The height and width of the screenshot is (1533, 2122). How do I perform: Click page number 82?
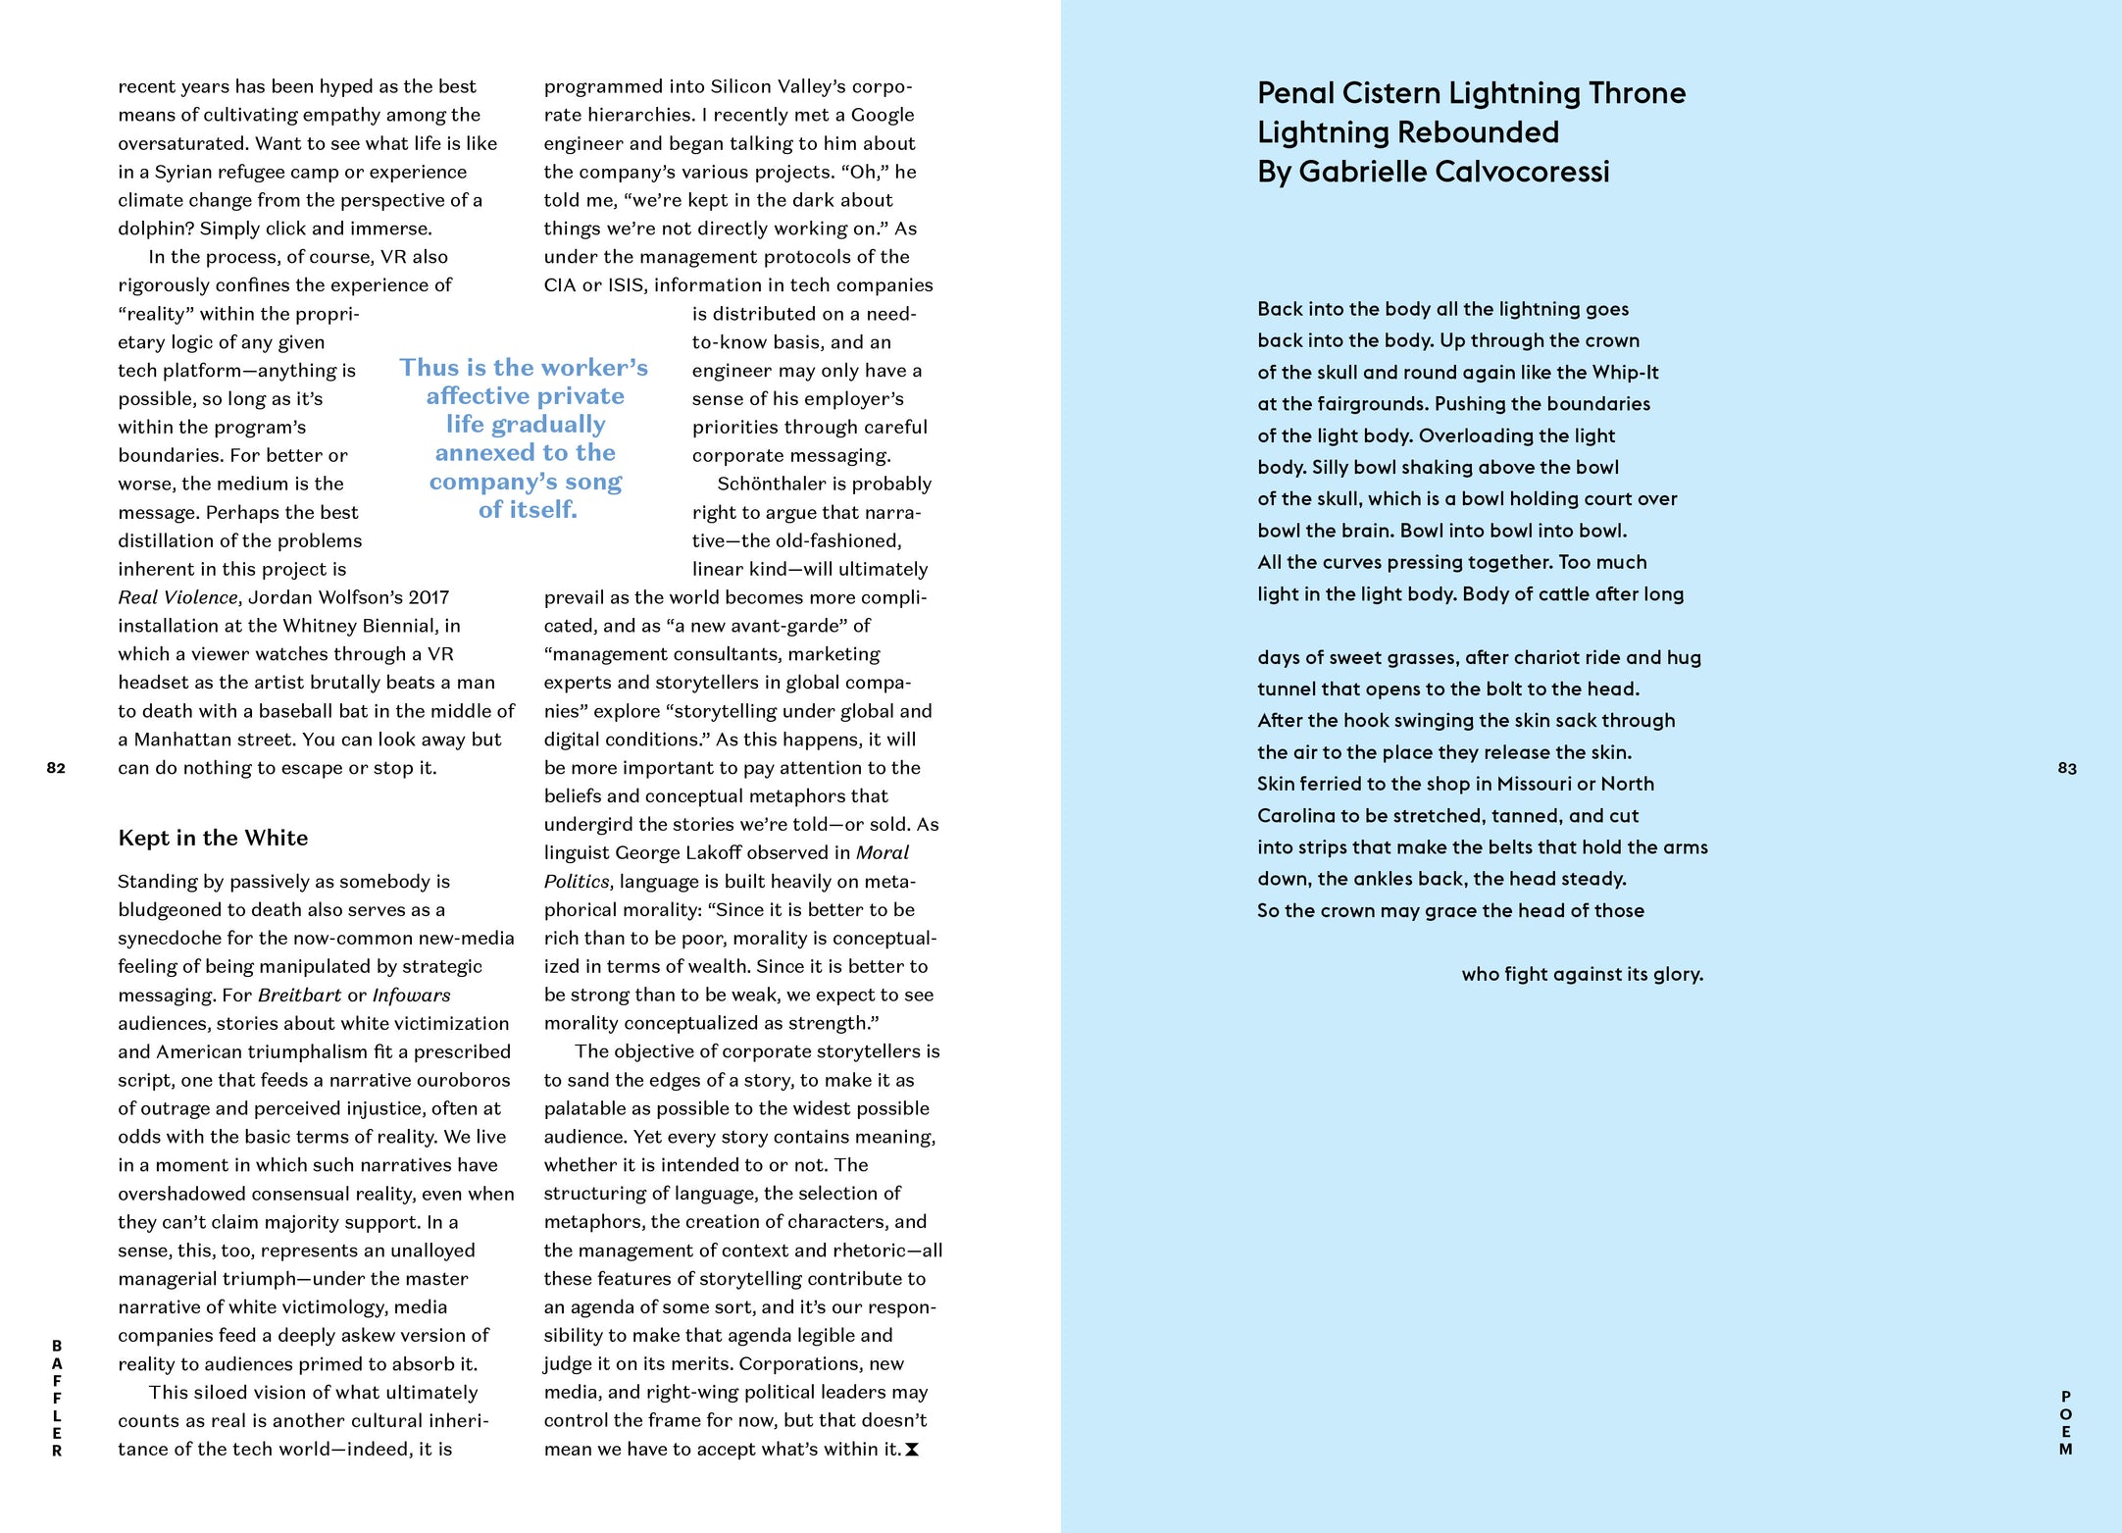point(56,768)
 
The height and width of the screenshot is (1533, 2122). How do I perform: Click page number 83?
point(2067,768)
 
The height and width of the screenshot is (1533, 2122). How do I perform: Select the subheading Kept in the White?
point(213,838)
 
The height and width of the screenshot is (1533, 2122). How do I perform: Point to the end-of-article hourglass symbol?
point(912,1450)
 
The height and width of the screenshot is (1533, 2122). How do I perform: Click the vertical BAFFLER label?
point(57,1399)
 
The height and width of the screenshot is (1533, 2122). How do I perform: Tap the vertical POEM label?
point(2066,1422)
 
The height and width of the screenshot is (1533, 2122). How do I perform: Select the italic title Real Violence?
point(177,597)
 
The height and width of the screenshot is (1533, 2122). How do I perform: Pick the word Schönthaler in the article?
point(773,484)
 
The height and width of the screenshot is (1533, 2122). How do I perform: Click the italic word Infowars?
point(411,995)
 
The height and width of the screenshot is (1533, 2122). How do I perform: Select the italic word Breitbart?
point(299,995)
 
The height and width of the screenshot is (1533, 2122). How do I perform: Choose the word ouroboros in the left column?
point(464,1080)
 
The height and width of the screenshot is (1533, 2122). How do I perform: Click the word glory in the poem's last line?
point(1678,974)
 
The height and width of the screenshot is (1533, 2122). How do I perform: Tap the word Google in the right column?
point(883,115)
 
